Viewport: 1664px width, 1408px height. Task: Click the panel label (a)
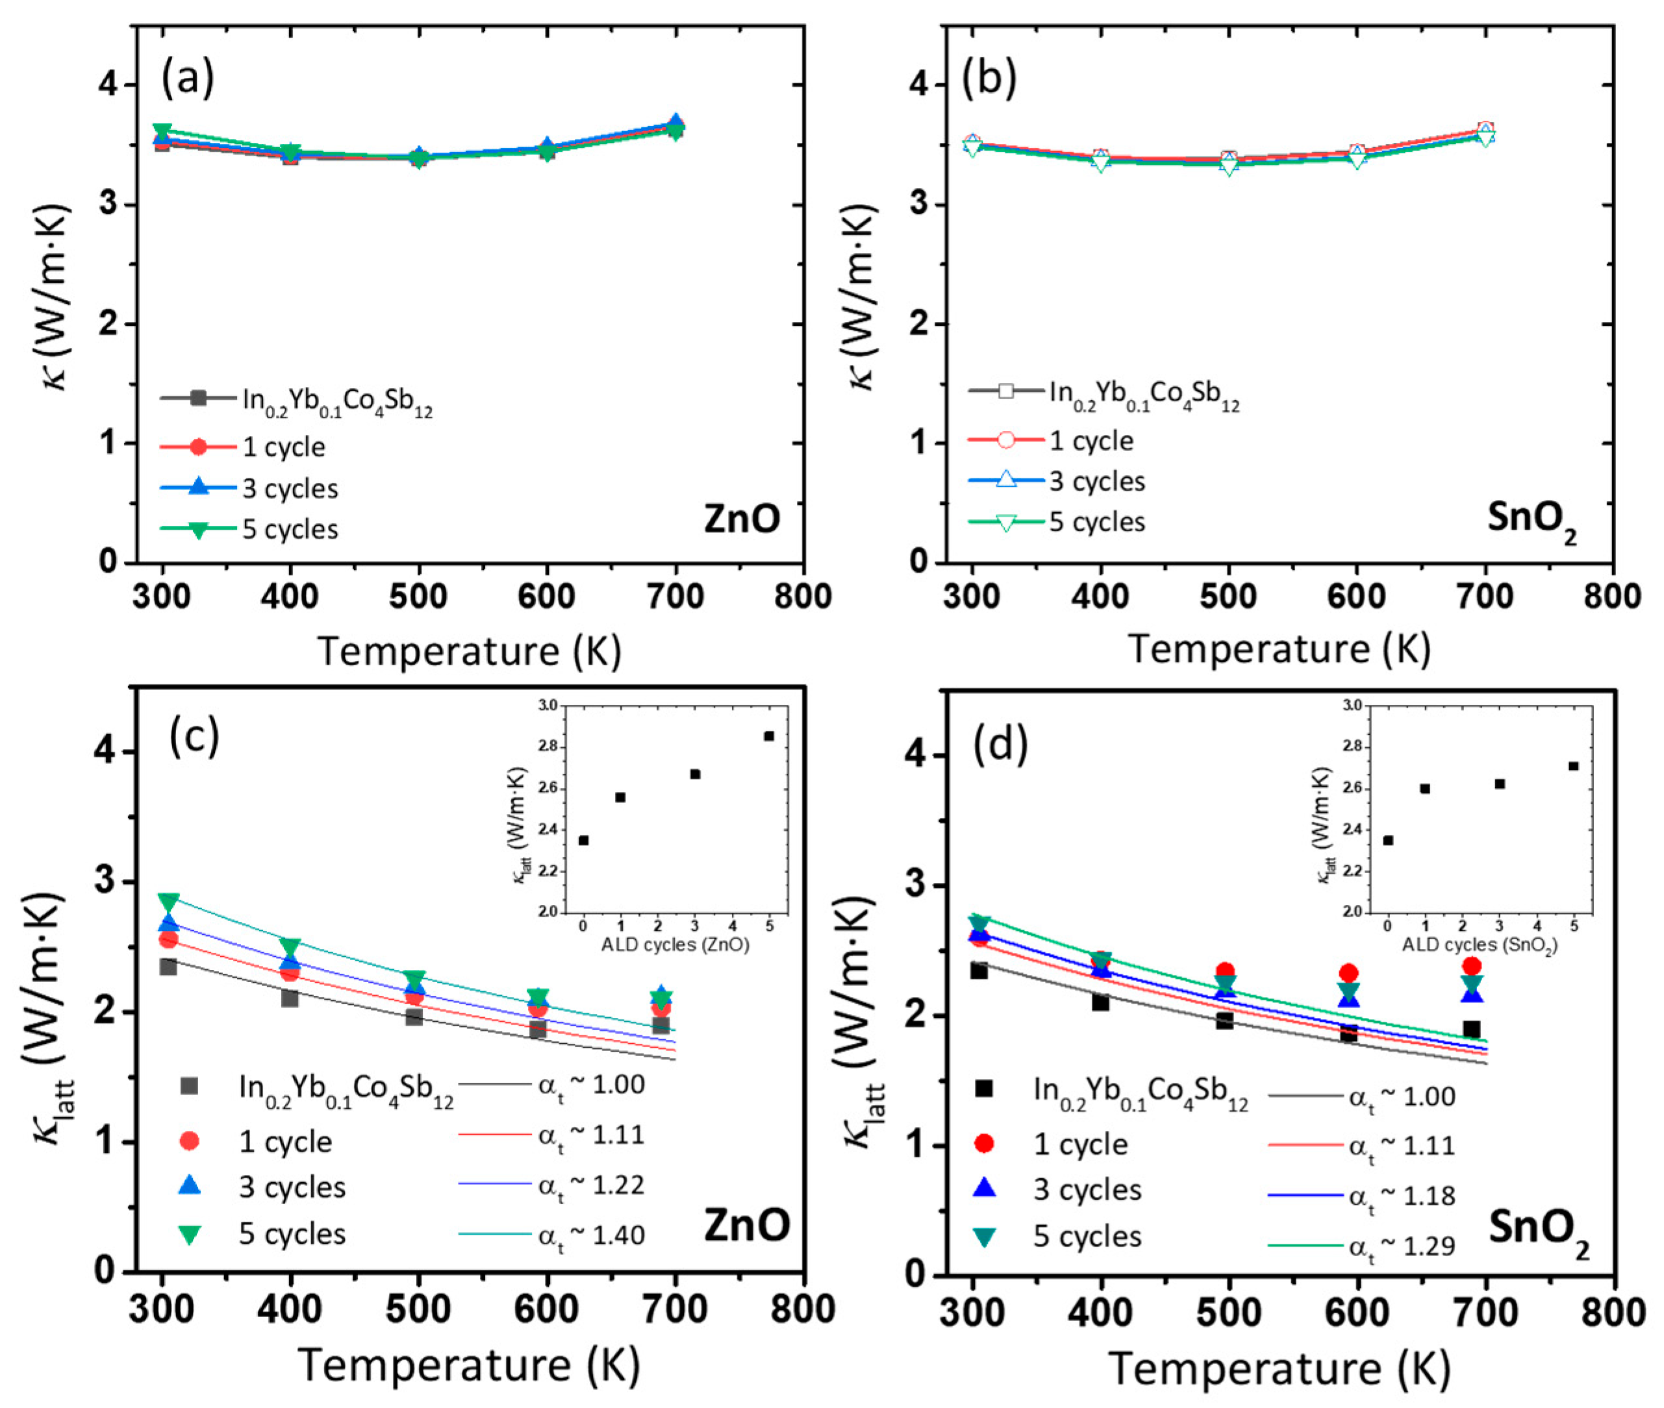pos(188,79)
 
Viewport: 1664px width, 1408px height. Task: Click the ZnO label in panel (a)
pos(741,519)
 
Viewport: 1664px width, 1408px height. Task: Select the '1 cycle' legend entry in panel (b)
pos(1090,441)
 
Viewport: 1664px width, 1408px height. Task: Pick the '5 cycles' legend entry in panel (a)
pos(290,529)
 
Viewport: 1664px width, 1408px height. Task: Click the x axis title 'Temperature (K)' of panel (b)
pos(1279,649)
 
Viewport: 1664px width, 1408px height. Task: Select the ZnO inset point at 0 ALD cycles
pos(584,840)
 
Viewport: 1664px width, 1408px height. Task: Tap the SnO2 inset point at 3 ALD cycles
pos(1500,784)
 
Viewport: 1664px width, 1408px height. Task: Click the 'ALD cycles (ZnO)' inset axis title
pos(675,945)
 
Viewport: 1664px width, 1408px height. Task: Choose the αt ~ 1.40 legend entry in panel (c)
pos(591,1235)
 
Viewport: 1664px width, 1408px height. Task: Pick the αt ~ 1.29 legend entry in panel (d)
pos(1402,1246)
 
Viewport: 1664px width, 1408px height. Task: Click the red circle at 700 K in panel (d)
pos(1472,967)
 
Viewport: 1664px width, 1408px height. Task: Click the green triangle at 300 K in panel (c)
pos(168,902)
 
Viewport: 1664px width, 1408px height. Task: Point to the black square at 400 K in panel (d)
pos(1100,1002)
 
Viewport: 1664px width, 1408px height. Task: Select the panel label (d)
pos(999,744)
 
